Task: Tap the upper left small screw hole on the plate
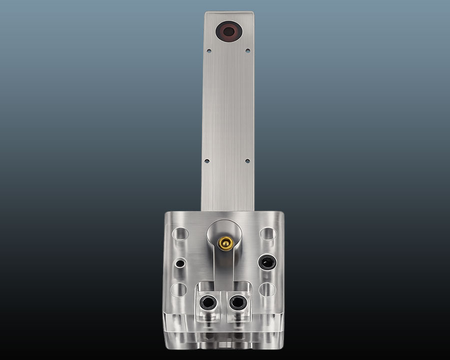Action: (x=209, y=50)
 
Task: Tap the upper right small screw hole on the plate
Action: (x=247, y=50)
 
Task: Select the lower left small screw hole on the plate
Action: (x=206, y=161)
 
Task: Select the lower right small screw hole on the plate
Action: (x=247, y=161)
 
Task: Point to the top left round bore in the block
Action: (x=180, y=234)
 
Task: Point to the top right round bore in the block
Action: (x=267, y=234)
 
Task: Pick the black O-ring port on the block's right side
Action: (x=267, y=261)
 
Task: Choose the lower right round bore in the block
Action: (x=267, y=290)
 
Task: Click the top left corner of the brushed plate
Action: (x=205, y=12)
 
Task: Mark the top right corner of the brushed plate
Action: (x=251, y=12)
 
